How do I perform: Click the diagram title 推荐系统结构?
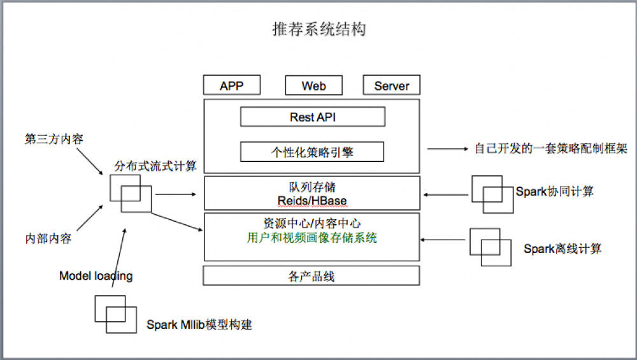point(318,29)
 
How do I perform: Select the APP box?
point(232,85)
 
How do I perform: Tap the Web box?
point(313,85)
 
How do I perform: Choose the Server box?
point(392,85)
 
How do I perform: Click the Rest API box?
point(313,117)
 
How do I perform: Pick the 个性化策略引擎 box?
point(312,152)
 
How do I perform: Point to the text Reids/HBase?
point(312,201)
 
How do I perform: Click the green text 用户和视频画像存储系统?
point(312,238)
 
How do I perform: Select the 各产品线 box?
point(311,276)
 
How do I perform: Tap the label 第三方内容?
point(54,139)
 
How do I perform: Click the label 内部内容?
point(48,239)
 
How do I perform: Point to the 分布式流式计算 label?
point(155,166)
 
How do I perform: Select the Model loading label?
point(96,276)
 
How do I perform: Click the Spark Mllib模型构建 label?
point(199,324)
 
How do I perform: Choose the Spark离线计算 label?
point(562,248)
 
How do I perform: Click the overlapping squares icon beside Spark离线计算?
point(491,247)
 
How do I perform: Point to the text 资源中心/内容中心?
point(311,223)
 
